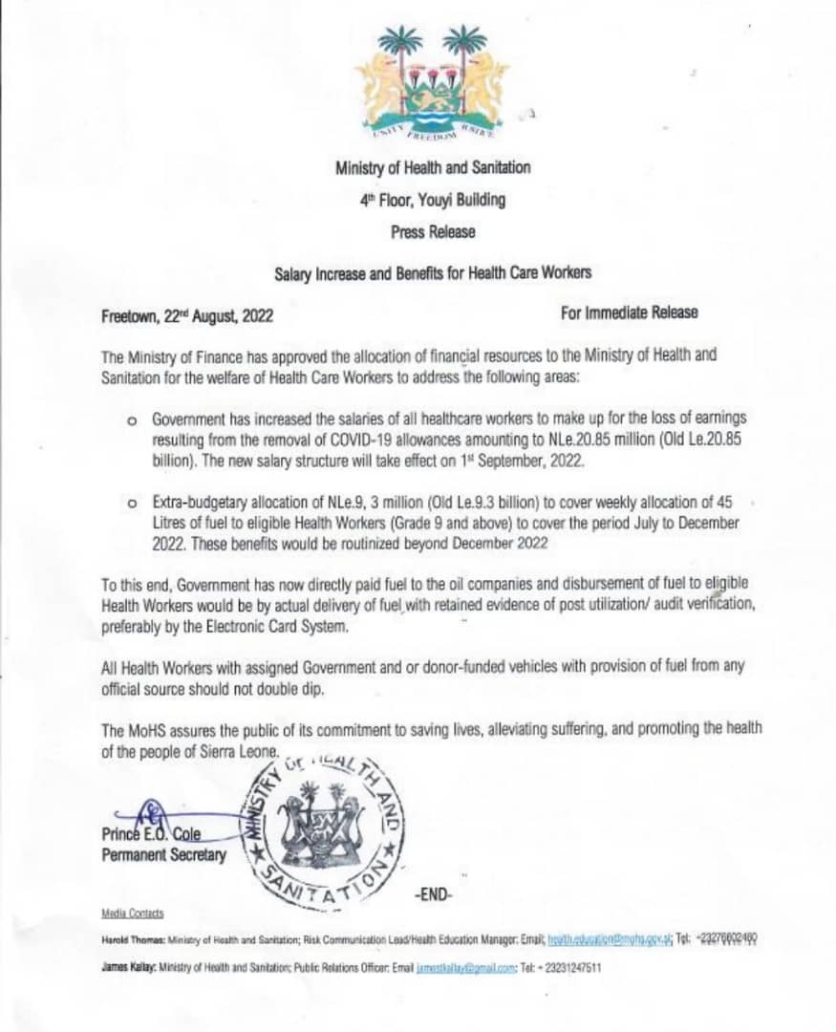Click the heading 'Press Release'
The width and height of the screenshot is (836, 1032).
(432, 231)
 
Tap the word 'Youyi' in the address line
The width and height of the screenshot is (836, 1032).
(436, 200)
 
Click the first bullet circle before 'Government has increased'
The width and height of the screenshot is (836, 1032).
(132, 420)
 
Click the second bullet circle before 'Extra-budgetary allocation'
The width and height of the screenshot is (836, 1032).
(132, 501)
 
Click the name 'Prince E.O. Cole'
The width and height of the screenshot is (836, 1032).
(151, 833)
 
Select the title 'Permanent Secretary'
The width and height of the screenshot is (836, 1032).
(164, 854)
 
